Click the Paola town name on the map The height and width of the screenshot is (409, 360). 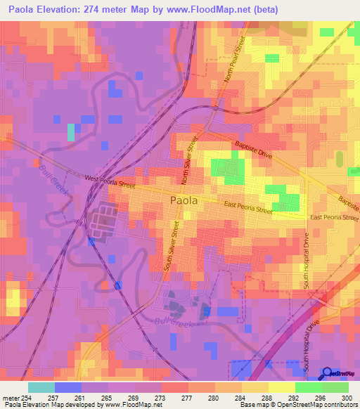(184, 200)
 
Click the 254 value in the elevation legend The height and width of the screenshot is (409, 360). (27, 398)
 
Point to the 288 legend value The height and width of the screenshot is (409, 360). (269, 398)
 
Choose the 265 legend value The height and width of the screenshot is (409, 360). (108, 398)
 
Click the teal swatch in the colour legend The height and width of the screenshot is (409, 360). (41, 387)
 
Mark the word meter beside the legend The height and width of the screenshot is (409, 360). (11, 398)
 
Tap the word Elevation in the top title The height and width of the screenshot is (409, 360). (65, 10)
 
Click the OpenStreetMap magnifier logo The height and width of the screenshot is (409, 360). (328, 373)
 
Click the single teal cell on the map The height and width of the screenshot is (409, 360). (70, 132)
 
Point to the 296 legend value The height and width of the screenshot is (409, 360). (321, 398)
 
